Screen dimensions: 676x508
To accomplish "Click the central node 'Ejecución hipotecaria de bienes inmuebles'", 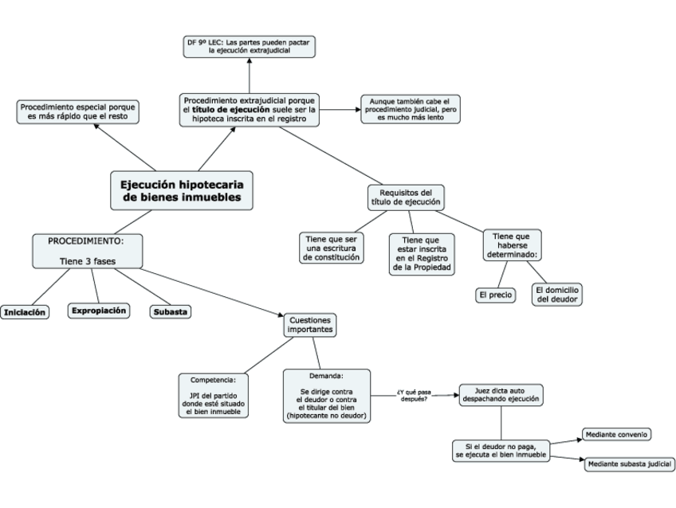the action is click(182, 191).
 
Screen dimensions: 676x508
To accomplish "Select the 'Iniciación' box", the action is click(25, 312).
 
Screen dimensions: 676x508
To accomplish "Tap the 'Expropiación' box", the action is click(99, 311).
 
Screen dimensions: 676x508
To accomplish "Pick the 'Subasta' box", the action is click(171, 311).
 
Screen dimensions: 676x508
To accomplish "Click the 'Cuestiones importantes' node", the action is click(310, 325).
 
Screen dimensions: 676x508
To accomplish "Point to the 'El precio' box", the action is click(495, 295).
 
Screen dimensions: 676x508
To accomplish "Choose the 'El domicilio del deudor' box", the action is click(557, 295).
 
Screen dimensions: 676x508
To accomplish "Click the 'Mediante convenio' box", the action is click(616, 435).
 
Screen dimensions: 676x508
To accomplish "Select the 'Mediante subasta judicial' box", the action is click(630, 464).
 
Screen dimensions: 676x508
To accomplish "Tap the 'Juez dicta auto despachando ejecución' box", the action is click(501, 395).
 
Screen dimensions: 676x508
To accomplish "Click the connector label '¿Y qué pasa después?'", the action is click(414, 396).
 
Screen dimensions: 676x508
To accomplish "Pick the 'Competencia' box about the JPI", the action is click(214, 396).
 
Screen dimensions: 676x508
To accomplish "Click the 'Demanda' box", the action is click(326, 396).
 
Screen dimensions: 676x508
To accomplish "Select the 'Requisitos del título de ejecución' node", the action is click(406, 197).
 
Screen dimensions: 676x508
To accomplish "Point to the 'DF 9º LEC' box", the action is click(250, 46).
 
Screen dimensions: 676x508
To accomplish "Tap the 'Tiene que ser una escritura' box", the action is click(331, 248).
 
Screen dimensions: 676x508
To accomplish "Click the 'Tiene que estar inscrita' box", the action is click(422, 254).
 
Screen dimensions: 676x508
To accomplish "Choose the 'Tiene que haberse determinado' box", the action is click(512, 245).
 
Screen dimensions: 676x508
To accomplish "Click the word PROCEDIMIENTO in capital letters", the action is click(86, 241).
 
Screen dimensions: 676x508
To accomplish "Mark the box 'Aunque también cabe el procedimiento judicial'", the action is click(411, 109).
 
